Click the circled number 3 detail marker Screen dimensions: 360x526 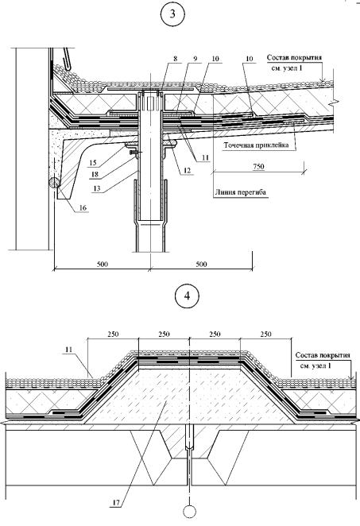click(172, 14)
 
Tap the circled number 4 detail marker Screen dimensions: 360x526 click(188, 296)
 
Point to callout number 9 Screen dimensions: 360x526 click(195, 58)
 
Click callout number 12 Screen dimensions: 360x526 click(188, 170)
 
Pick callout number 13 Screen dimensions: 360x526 click(97, 188)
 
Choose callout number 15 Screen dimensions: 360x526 click(93, 163)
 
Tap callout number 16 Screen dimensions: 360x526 click(83, 208)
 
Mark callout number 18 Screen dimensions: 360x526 click(95, 175)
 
